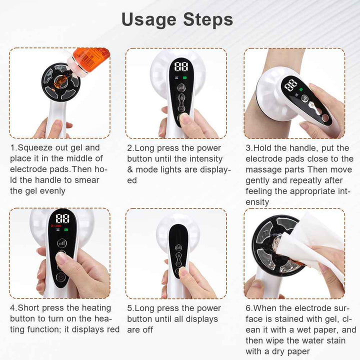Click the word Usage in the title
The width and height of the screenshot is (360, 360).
(x=149, y=20)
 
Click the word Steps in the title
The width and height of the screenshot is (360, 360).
(x=208, y=19)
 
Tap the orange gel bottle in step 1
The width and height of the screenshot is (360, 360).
(x=89, y=60)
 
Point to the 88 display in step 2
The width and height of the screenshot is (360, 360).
(x=181, y=67)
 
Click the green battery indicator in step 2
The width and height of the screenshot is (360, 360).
(x=185, y=77)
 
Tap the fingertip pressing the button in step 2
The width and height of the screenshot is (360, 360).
(x=184, y=118)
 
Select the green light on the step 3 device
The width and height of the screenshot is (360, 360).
(x=301, y=90)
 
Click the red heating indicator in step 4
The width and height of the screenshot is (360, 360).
(x=56, y=226)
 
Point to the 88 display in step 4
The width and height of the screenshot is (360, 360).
(x=62, y=218)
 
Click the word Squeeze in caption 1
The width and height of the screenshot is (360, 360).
(x=35, y=148)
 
